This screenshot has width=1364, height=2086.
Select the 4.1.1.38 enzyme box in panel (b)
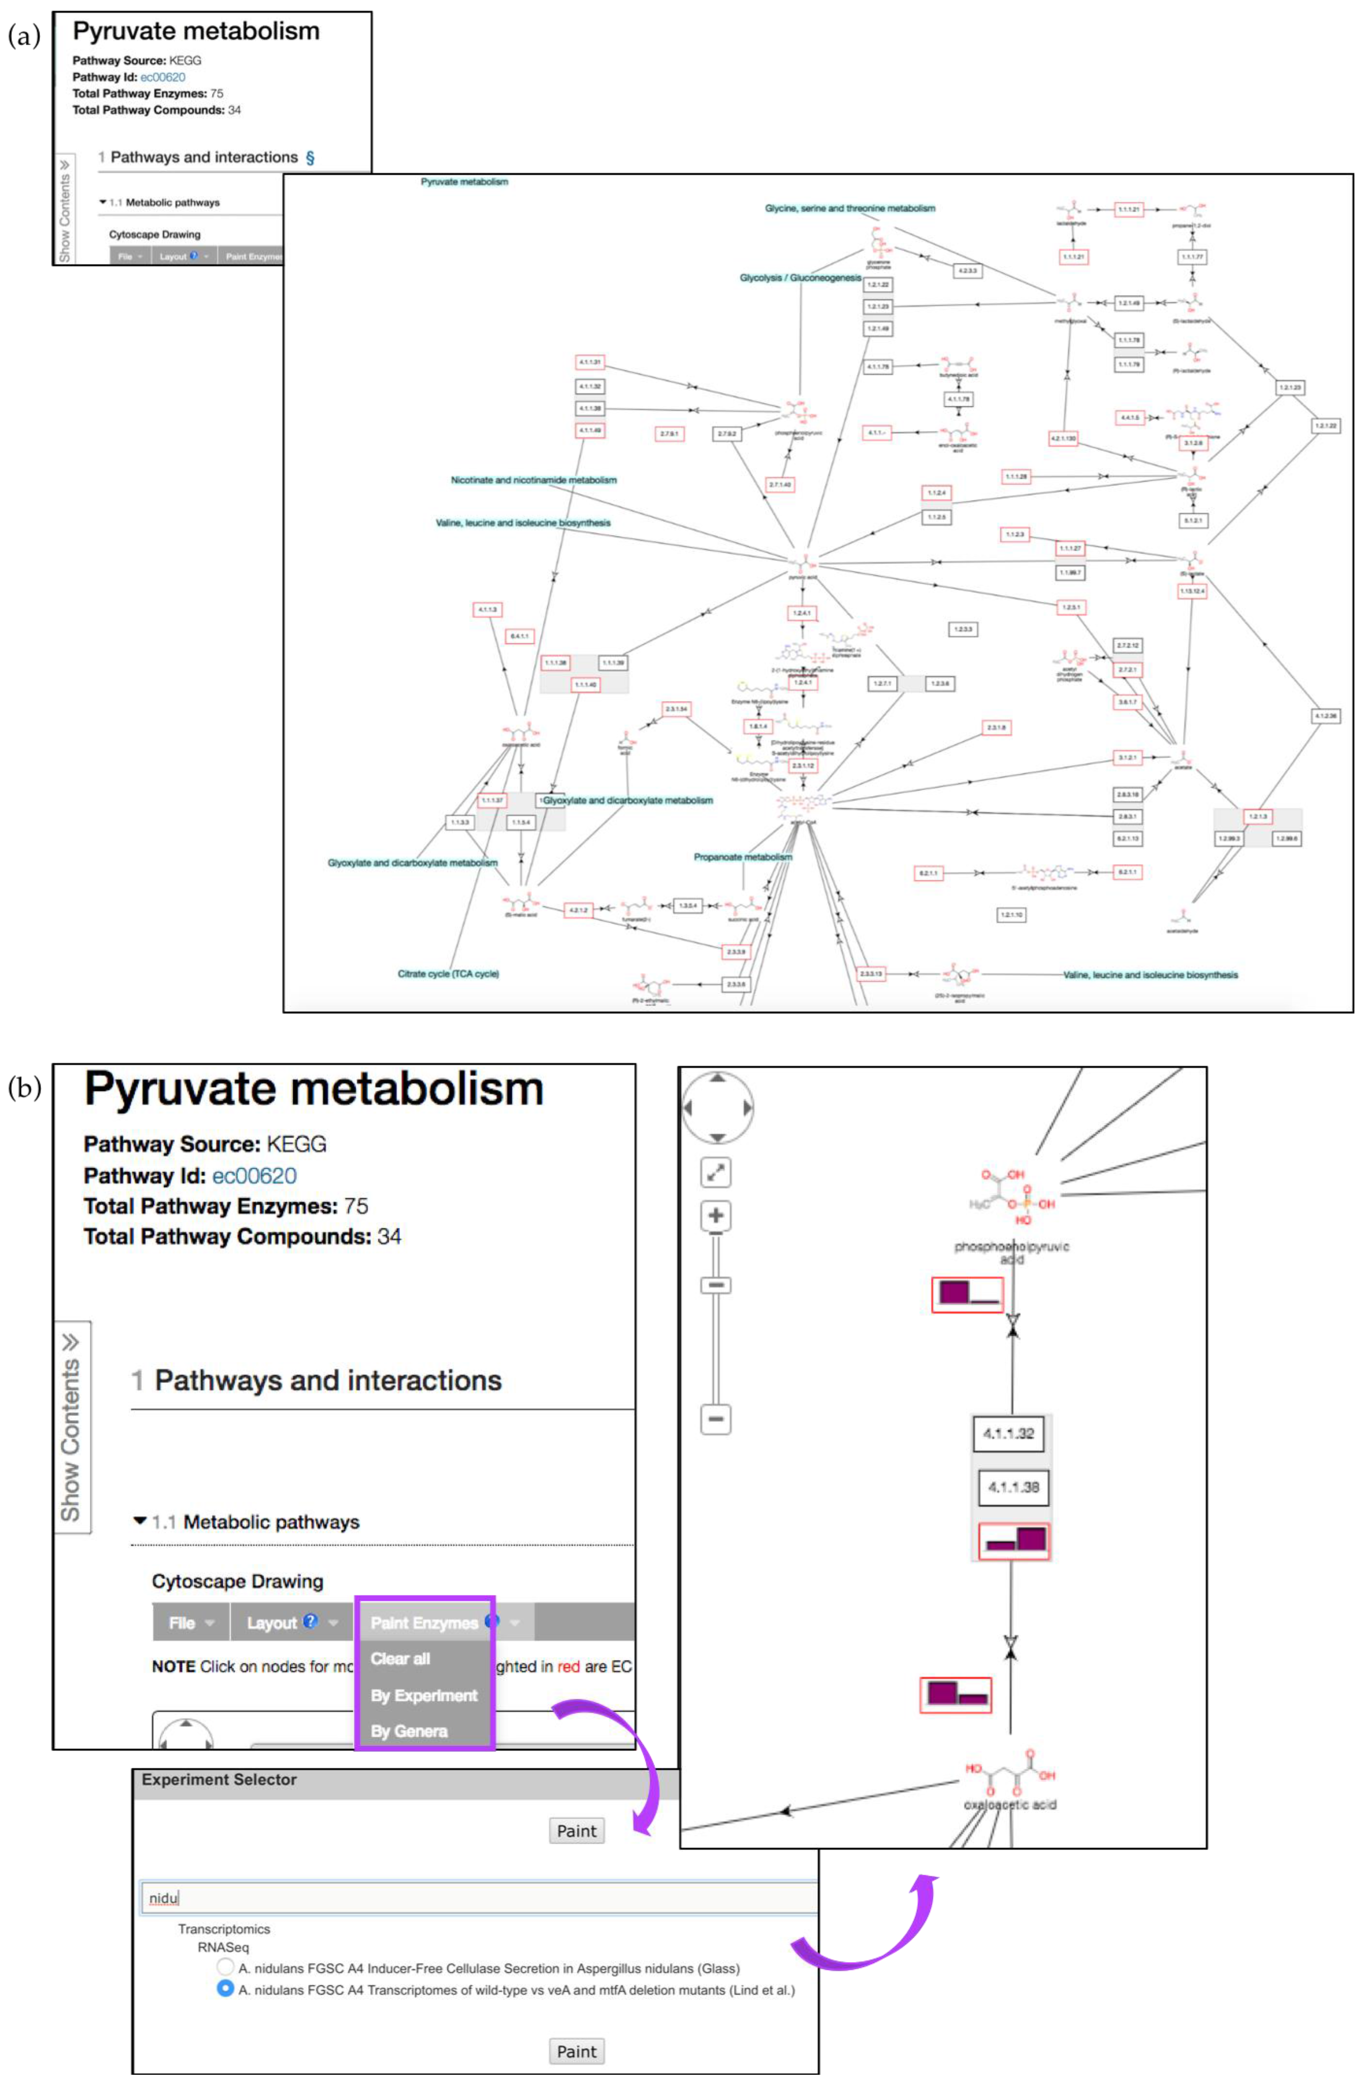(x=1013, y=1487)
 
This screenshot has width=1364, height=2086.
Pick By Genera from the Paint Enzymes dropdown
(x=409, y=1731)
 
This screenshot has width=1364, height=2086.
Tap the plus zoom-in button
(x=716, y=1215)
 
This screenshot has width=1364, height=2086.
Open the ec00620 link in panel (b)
(x=254, y=1175)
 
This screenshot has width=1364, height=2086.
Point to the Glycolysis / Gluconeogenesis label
(x=800, y=278)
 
